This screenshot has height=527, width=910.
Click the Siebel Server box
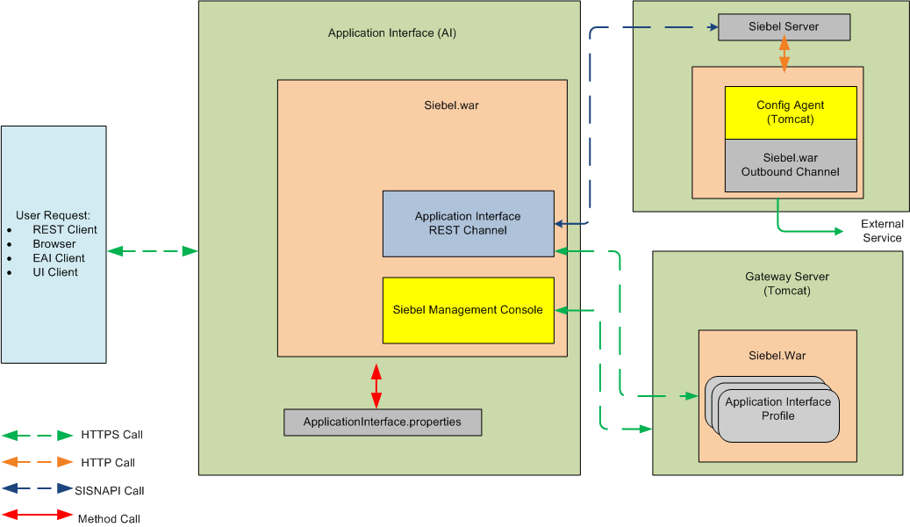784,27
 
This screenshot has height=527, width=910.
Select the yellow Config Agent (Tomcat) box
790,112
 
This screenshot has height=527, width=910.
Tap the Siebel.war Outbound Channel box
790,165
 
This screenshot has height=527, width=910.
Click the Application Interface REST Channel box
468,223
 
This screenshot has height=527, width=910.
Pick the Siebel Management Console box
468,310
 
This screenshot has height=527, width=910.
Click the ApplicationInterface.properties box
383,422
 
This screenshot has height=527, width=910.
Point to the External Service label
882,231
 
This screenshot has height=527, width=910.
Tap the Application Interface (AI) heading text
391,33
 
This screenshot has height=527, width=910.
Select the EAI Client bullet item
59,258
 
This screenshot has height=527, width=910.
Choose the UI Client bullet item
55,272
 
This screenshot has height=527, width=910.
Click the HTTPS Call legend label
111,435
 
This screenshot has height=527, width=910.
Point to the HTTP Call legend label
108,463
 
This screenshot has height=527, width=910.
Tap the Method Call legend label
109,519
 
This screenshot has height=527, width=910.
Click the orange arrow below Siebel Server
784,54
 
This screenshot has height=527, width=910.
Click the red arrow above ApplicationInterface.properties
376,383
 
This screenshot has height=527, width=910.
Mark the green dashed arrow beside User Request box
153,251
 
